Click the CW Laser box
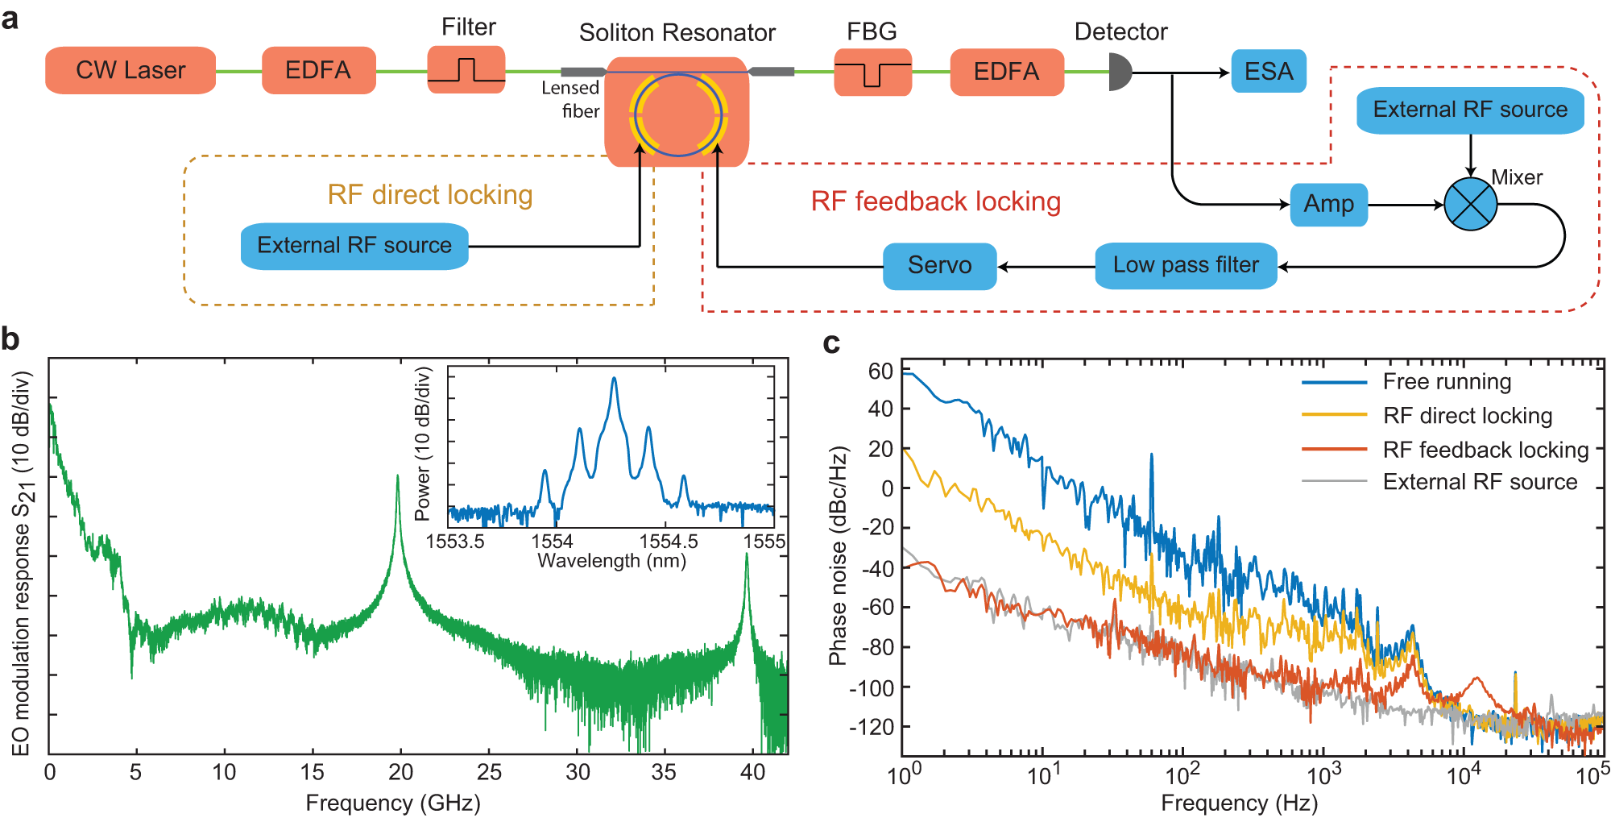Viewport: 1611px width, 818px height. pos(130,71)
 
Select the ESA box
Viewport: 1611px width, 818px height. pos(1268,72)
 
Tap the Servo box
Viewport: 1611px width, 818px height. pos(939,265)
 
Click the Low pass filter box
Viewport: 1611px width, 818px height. pos(1186,265)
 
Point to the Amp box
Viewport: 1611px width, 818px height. pos(1328,204)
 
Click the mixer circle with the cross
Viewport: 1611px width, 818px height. pos(1470,205)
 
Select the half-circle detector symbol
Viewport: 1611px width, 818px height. pos(1119,72)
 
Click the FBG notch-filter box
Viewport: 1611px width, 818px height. pos(872,73)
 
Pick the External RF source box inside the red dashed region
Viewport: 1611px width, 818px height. pos(1470,110)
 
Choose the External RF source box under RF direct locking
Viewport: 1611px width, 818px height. pos(354,246)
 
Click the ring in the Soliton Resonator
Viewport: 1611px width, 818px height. pos(678,114)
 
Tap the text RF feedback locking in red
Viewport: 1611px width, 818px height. pos(935,201)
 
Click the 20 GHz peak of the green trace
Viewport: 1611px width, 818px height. pos(397,477)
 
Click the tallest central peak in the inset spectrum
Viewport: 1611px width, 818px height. pos(614,379)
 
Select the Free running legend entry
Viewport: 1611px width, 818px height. pos(1446,382)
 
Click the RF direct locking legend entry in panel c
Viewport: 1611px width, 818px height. pos(1466,416)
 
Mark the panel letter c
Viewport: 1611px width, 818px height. pos(831,344)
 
